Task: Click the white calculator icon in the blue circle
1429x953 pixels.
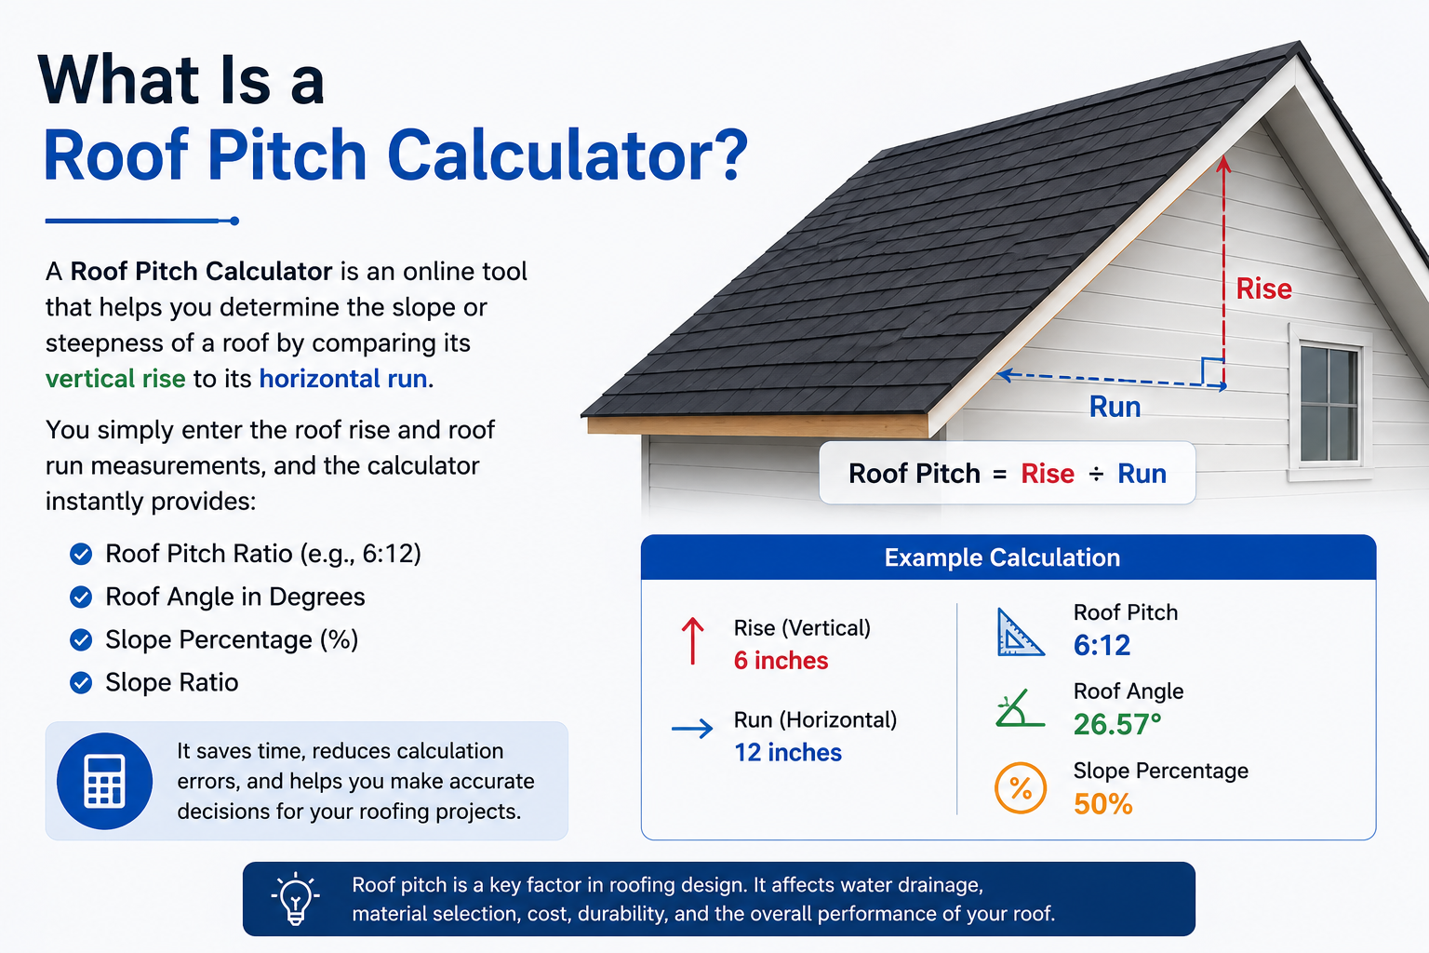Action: point(104,782)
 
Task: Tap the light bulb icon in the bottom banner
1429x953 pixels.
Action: point(295,899)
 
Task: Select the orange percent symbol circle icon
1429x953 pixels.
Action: point(1020,787)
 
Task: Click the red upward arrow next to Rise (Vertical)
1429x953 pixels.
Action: point(693,641)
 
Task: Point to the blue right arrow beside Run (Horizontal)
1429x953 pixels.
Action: point(692,728)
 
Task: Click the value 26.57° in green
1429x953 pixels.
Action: point(1117,724)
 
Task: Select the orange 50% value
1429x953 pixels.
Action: point(1103,804)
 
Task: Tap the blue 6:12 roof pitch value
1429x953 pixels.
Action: point(1102,645)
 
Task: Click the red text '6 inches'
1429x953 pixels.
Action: point(781,661)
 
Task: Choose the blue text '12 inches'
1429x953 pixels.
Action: point(788,753)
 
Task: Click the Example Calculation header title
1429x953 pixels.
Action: point(1002,557)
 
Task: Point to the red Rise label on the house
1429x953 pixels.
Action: point(1263,289)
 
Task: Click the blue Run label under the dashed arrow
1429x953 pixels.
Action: point(1115,407)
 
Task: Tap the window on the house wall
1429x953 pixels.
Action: point(1329,403)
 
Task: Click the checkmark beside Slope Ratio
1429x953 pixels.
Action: point(81,682)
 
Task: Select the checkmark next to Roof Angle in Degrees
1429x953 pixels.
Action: point(81,597)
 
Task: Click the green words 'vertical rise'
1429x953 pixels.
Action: point(115,379)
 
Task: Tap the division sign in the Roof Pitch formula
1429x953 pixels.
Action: point(1096,474)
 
